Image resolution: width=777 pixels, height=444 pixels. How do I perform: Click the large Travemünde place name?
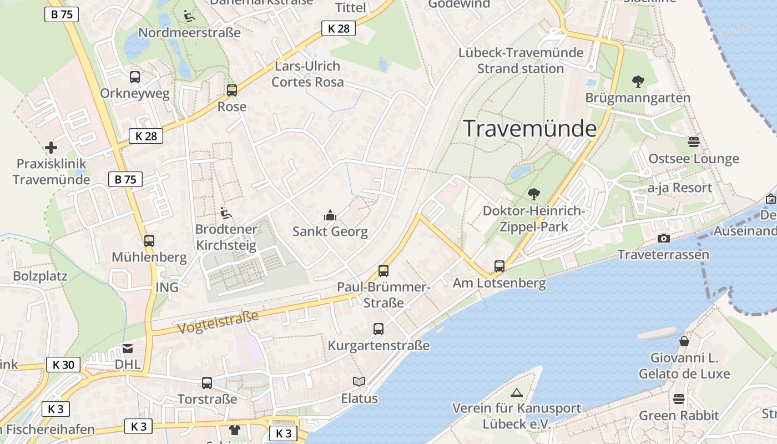point(529,128)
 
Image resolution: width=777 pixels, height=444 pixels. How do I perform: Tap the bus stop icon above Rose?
point(232,90)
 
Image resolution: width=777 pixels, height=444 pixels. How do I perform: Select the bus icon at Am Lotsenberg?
point(500,266)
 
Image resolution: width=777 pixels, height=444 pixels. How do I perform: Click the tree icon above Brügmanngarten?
point(638,82)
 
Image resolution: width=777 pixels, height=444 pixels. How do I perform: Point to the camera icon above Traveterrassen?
point(663,239)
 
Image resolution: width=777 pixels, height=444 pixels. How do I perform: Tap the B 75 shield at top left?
point(61,14)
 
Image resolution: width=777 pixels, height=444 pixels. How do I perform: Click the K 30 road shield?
point(63,365)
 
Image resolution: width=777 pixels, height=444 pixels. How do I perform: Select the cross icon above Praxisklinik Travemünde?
point(51,148)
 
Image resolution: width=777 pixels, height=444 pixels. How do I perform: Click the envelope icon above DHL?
point(128,349)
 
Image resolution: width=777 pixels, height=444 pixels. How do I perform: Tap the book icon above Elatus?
point(359,382)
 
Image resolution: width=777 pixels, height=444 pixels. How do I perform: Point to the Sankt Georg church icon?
point(330,215)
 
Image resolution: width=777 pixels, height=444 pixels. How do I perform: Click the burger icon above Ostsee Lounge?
point(693,142)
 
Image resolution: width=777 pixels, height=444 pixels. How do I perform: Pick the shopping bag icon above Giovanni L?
point(684,341)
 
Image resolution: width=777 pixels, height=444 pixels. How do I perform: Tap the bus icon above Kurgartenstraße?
point(379,329)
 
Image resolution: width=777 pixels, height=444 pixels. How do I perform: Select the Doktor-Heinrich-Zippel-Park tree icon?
point(533,194)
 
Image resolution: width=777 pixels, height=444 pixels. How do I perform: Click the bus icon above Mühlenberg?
point(149,241)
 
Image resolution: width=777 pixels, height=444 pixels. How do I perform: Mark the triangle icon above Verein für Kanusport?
point(517,393)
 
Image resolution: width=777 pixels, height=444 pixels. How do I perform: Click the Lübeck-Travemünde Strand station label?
point(521,60)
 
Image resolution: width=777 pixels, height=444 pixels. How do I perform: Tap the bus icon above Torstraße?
point(207,382)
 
